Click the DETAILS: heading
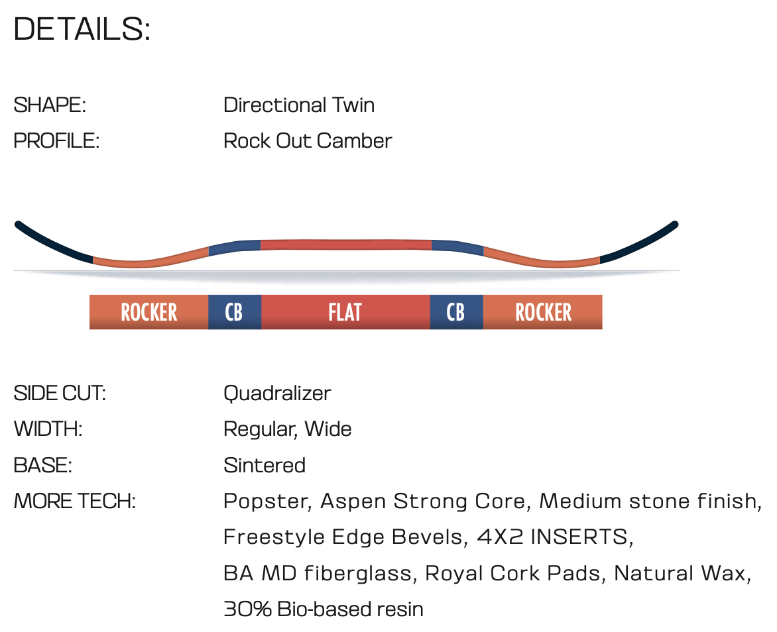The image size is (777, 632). tap(82, 28)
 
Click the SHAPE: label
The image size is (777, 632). tap(50, 105)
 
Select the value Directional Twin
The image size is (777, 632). tap(299, 105)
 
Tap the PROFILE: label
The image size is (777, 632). tap(56, 140)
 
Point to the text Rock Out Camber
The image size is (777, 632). tap(308, 140)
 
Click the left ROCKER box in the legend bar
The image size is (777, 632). tap(149, 312)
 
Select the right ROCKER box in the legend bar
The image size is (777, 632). tap(542, 312)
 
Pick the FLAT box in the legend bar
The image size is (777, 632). tap(345, 312)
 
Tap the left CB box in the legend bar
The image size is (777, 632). tap(235, 312)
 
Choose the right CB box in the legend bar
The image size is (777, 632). tap(456, 312)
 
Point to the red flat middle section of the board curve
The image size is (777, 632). tap(346, 244)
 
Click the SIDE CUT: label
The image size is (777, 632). tap(60, 394)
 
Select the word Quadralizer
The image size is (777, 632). tap(277, 394)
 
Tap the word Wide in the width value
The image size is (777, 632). tap(328, 429)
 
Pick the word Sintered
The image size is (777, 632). tap(265, 465)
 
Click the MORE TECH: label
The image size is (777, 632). tap(74, 501)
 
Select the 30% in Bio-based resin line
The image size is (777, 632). tap(248, 609)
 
